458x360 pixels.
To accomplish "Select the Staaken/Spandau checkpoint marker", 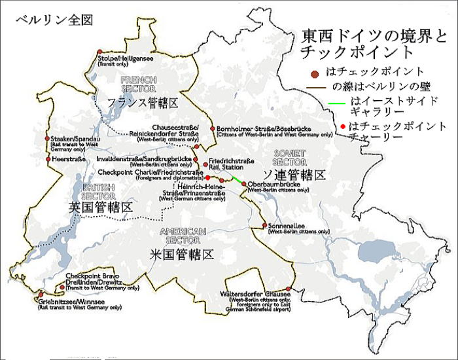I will (x=48, y=139).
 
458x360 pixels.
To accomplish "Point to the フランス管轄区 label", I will (x=143, y=103).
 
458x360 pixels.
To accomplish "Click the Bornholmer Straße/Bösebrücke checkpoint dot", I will (x=211, y=128).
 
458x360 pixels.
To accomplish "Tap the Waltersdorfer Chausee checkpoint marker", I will (x=288, y=289).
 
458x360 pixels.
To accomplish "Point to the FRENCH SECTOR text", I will (x=138, y=84).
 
